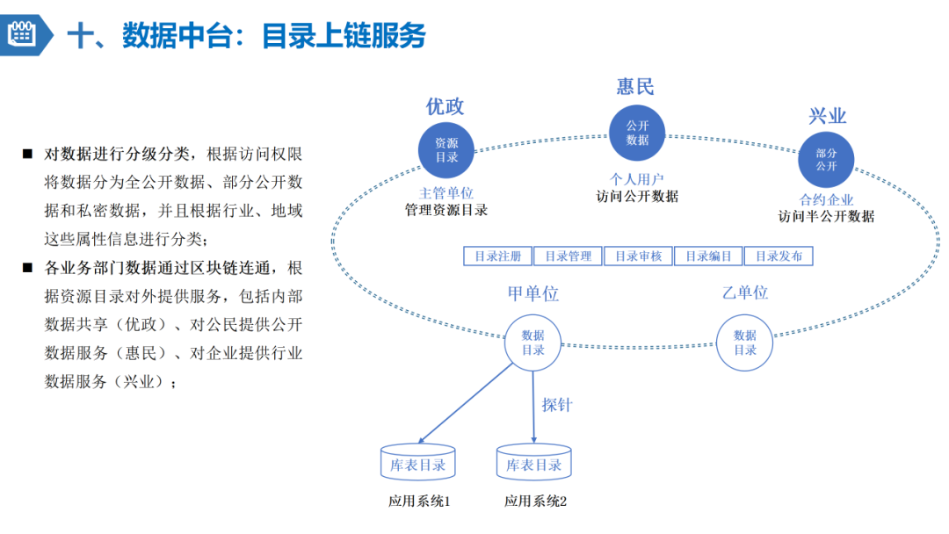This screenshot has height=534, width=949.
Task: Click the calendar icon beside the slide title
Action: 21,34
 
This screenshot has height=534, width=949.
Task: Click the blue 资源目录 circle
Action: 446,150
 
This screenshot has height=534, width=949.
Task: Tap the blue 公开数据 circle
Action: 637,133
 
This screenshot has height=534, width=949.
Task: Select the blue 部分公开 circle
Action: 826,159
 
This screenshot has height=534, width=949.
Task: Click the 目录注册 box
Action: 497,256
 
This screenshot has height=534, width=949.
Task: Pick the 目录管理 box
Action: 568,256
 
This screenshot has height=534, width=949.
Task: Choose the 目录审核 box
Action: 638,256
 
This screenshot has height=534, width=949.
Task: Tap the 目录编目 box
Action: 708,256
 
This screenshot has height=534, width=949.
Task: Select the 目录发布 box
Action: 779,256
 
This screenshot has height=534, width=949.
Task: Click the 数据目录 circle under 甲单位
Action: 532,343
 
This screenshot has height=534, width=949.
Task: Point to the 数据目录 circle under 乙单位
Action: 744,343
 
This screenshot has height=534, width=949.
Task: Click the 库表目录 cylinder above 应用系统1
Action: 417,463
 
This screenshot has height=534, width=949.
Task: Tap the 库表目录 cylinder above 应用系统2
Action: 534,463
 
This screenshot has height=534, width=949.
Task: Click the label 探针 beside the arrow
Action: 556,405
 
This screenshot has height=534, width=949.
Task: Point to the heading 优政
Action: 445,106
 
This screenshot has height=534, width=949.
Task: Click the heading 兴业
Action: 827,116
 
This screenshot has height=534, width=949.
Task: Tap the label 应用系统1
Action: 419,502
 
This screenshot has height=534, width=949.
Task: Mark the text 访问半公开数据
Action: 826,216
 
